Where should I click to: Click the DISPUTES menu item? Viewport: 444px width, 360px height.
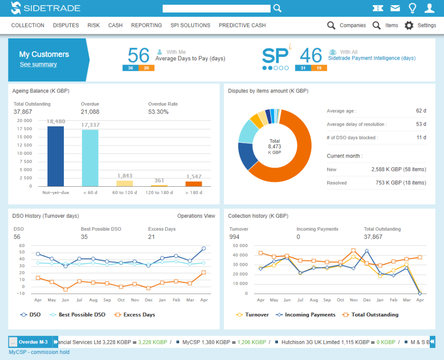66,25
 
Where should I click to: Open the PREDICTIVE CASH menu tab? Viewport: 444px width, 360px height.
242,25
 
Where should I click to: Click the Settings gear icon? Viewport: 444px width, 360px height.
409,25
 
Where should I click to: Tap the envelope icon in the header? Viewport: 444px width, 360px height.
395,8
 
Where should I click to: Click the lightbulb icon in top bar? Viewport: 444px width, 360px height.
413,8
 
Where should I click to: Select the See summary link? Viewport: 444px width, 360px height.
38,65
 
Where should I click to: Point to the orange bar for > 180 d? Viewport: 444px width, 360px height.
193,183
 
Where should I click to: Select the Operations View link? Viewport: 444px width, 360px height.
196,216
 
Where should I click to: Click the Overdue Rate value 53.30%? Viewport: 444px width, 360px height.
158,112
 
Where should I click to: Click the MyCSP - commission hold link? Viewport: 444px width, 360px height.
39,352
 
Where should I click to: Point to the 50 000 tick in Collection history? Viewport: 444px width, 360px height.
240,245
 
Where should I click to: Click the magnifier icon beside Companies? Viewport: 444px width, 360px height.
331,25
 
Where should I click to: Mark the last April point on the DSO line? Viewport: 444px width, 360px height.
203,249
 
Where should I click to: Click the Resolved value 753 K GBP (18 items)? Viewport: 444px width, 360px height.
399,183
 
